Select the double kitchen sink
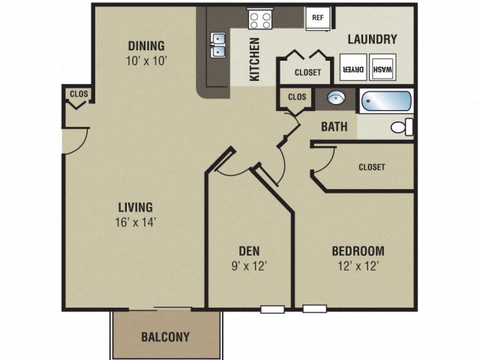point(219,45)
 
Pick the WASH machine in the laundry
point(382,70)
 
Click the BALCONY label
point(166,336)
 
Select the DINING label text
point(146,45)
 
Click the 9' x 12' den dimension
point(248,265)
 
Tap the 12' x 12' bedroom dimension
point(358,265)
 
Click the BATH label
point(334,127)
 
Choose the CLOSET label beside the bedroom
point(371,167)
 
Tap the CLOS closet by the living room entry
point(77,94)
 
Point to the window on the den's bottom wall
point(271,308)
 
